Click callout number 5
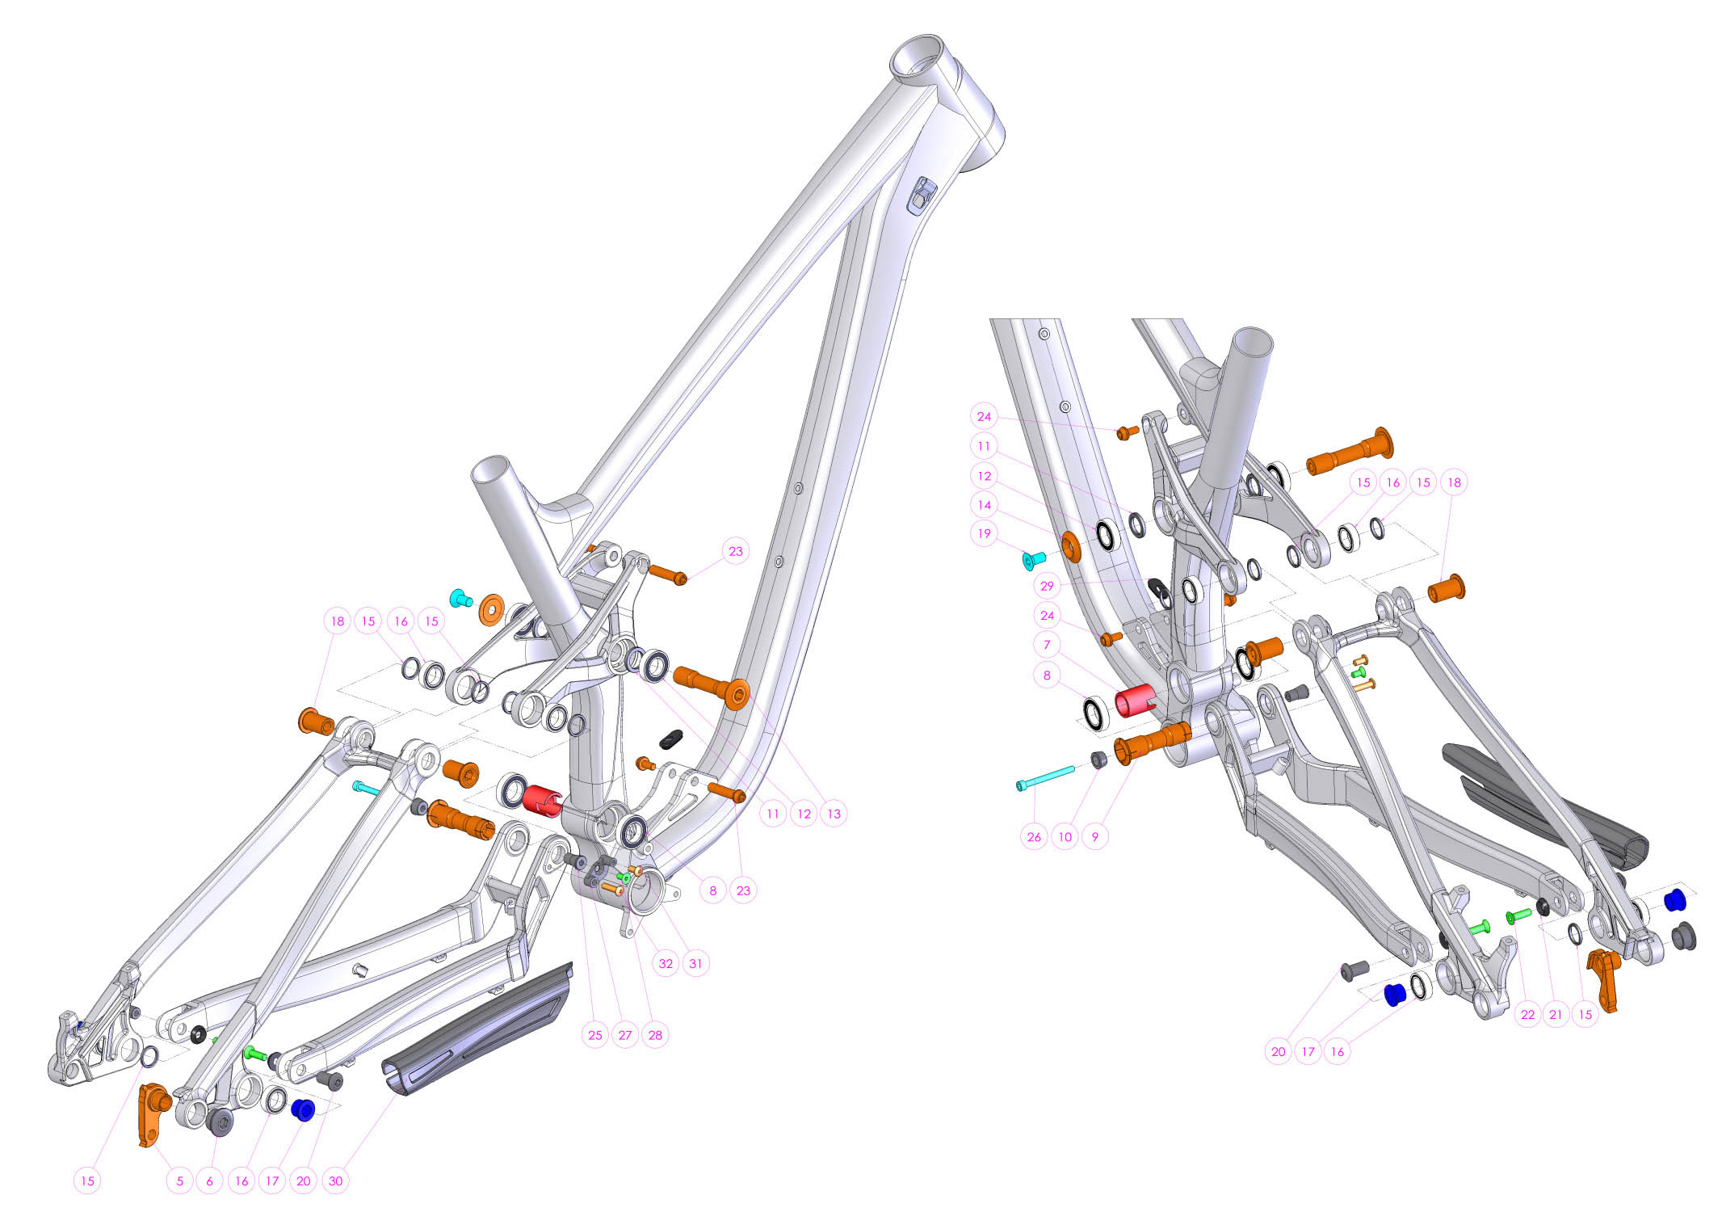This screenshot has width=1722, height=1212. pyautogui.click(x=179, y=1180)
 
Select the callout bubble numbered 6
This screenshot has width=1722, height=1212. pyautogui.click(x=209, y=1180)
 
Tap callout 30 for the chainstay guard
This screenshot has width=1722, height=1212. pyautogui.click(x=335, y=1180)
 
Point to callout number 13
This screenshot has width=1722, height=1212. pyautogui.click(x=834, y=814)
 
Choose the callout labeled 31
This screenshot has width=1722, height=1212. pyautogui.click(x=695, y=963)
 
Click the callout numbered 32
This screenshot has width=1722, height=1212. pyautogui.click(x=666, y=963)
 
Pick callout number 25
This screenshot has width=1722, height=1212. pyautogui.click(x=595, y=1035)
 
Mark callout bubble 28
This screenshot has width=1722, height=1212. pyautogui.click(x=655, y=1035)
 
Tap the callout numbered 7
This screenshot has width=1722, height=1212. pyautogui.click(x=1047, y=645)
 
